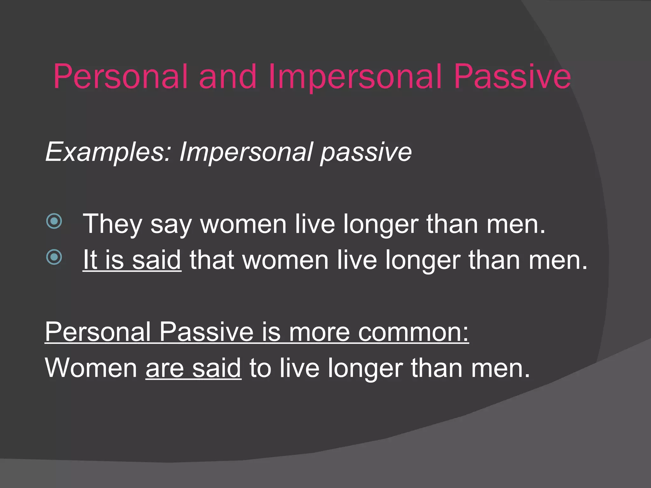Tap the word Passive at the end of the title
pyautogui.click(x=512, y=77)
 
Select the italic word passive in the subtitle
pyautogui.click(x=366, y=152)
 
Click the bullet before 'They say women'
pyautogui.click(x=54, y=221)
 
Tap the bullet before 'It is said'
pyautogui.click(x=54, y=257)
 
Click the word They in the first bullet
pyautogui.click(x=112, y=224)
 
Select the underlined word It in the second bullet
pyautogui.click(x=90, y=260)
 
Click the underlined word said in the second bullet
pyautogui.click(x=156, y=260)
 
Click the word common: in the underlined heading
pyautogui.click(x=413, y=332)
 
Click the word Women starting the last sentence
pyautogui.click(x=91, y=368)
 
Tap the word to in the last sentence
pyautogui.click(x=260, y=368)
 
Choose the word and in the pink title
pyautogui.click(x=228, y=77)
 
